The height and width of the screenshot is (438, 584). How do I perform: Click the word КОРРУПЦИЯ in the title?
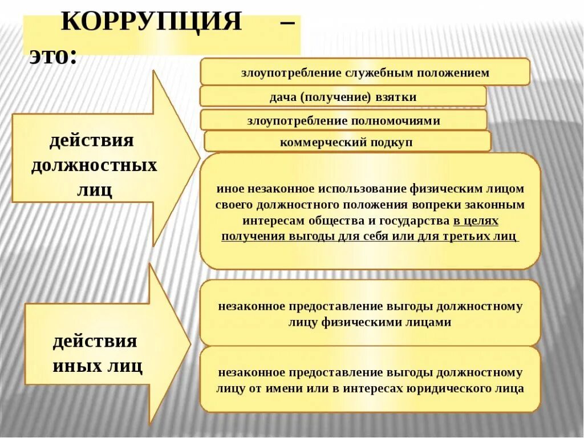pos(151,23)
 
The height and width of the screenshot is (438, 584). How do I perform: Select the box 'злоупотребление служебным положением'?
pos(365,72)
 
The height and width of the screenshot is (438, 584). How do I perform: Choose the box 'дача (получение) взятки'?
pos(343,97)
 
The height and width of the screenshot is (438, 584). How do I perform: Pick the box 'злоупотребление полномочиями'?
pos(343,121)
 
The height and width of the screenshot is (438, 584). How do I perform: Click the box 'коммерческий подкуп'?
pos(346,142)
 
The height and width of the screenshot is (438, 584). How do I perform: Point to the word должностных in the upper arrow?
pos(94,166)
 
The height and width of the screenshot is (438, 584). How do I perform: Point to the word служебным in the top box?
pos(370,72)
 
